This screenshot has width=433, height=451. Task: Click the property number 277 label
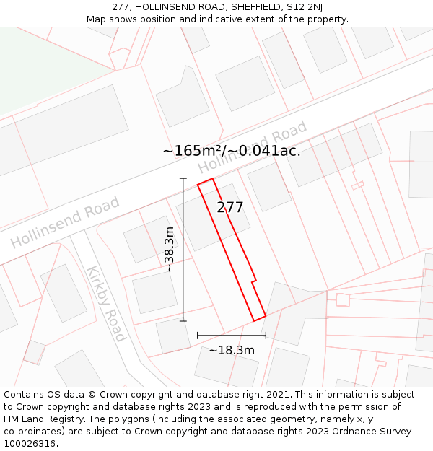pos(230,208)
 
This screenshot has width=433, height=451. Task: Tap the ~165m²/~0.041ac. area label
pos(231,151)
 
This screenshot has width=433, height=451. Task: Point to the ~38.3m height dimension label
pos(170,249)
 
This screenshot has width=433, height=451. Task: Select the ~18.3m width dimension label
pos(232,351)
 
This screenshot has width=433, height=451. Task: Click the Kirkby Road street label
pos(106,304)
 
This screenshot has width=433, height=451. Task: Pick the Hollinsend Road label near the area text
pos(253,147)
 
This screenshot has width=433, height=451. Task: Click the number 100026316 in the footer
pos(30,444)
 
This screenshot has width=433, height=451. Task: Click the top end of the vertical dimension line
pos(183,178)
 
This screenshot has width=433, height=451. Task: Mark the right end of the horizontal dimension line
pos(266,336)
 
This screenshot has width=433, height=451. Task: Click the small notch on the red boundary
pos(254,280)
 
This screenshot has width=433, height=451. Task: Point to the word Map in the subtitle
pos(97,19)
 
